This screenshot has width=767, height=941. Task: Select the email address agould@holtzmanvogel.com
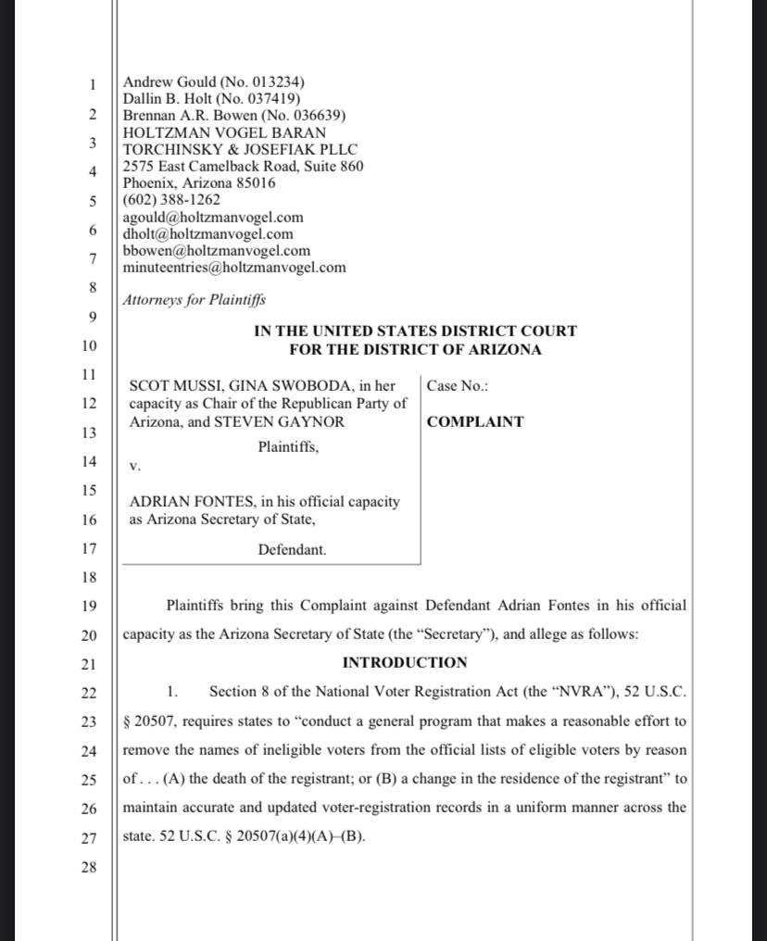pos(213,218)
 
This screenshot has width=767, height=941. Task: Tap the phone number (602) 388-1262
pos(171,200)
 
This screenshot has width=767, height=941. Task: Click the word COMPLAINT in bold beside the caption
pos(475,421)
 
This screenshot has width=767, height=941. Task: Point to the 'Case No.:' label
pos(458,385)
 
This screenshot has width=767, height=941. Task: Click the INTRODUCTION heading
pos(405,662)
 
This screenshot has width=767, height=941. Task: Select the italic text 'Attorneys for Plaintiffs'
pos(195,300)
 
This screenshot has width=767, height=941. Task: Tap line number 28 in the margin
pos(88,868)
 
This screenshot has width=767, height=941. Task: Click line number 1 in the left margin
pos(92,85)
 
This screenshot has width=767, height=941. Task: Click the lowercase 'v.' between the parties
pos(134,466)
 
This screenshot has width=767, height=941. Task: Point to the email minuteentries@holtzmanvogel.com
pos(234,268)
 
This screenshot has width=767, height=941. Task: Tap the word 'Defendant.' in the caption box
pos(292,549)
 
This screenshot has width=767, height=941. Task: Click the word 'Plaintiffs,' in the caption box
pos(288,447)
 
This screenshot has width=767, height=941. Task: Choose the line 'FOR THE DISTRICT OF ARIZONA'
pos(415,350)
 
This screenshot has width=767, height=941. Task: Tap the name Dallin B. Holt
pos(168,99)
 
